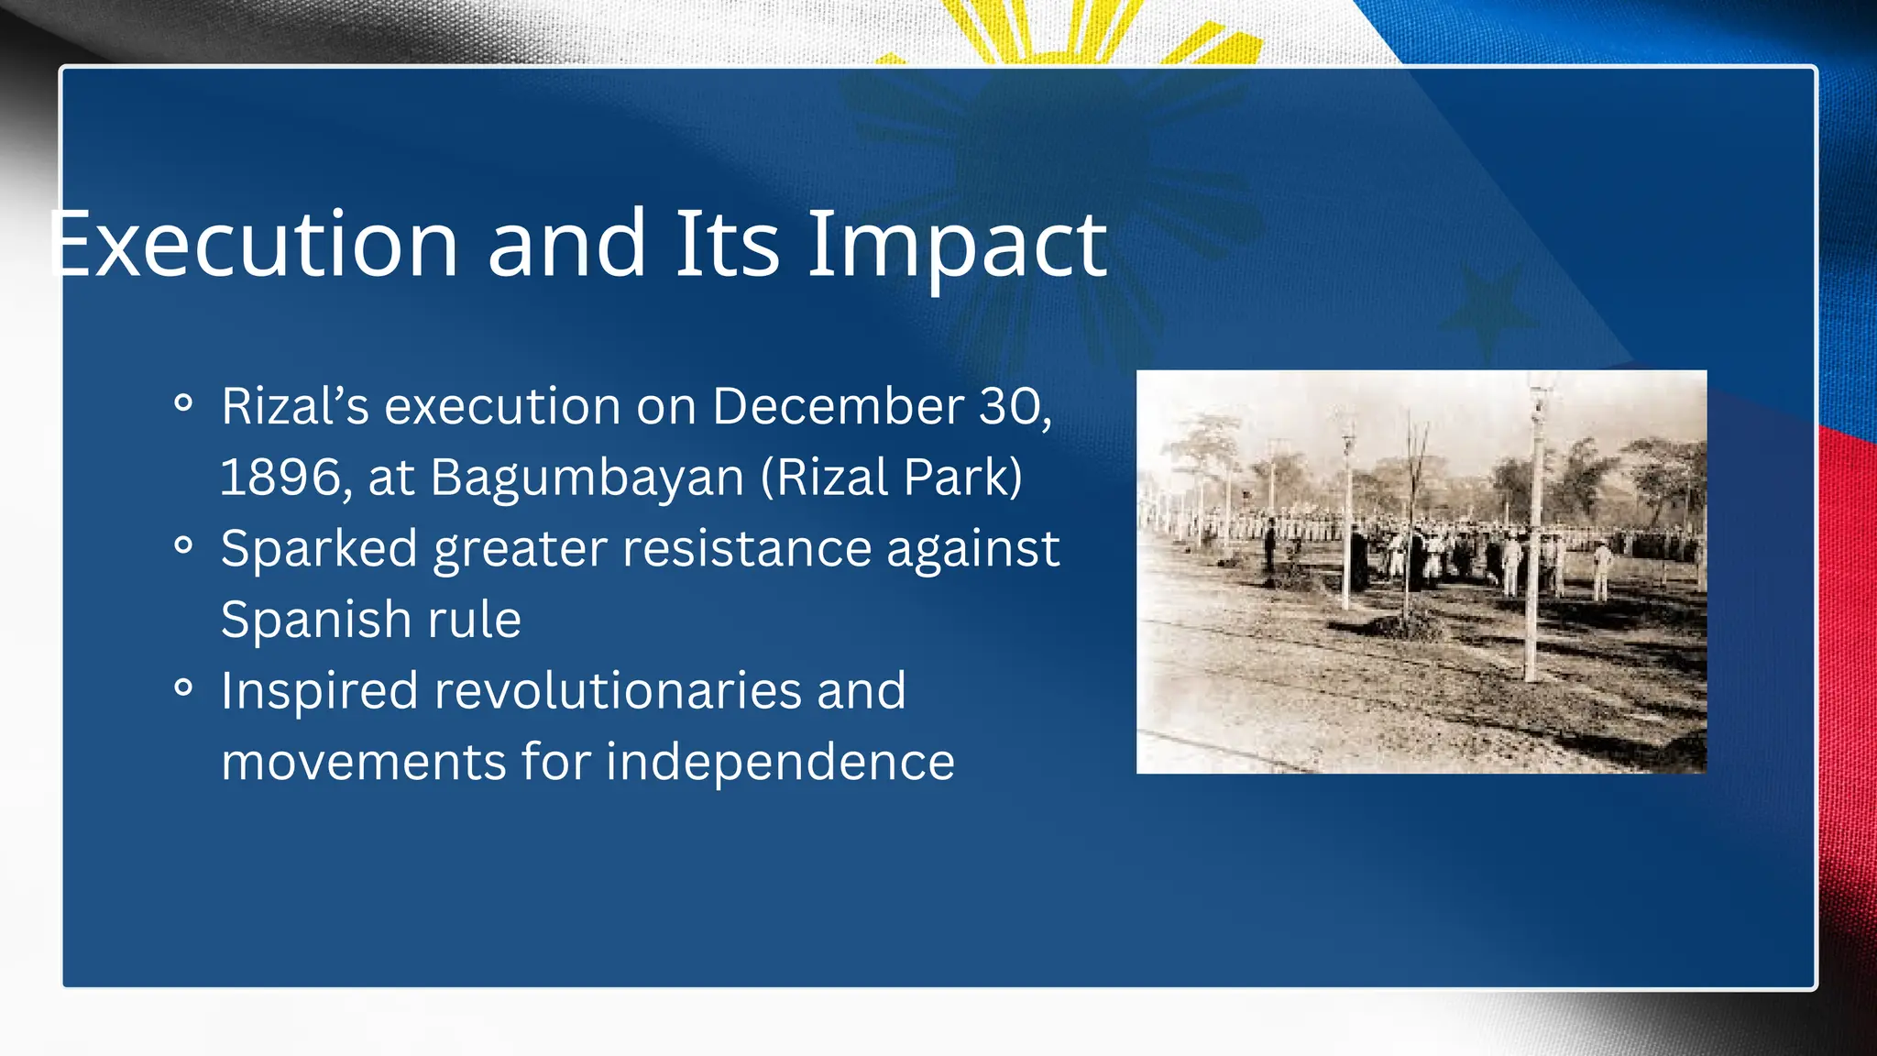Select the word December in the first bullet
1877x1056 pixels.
[x=838, y=406]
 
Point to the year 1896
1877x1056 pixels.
[x=280, y=478]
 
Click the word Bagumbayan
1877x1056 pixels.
[x=587, y=478]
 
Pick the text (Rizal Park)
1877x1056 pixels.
[x=892, y=478]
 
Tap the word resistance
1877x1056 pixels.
[x=746, y=548]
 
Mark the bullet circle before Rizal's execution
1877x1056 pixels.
[x=183, y=403]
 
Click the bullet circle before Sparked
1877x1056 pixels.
[x=183, y=545]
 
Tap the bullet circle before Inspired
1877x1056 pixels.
[x=183, y=687]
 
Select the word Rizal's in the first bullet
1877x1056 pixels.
[x=294, y=406]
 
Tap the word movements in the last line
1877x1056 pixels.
[x=363, y=762]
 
